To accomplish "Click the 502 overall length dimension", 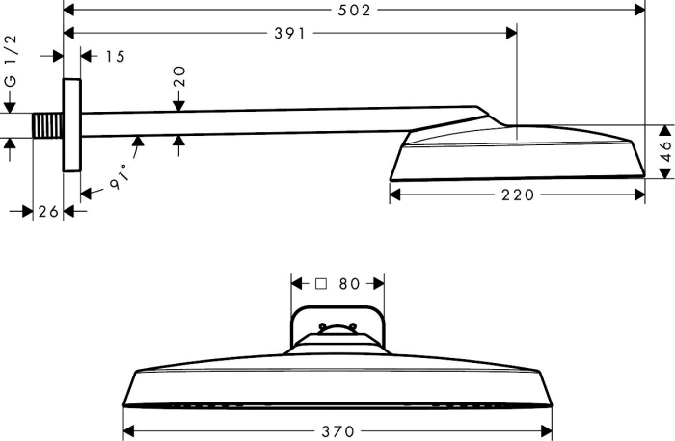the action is point(354,11).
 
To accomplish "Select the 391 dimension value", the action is point(289,33).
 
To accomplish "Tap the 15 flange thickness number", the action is point(116,56).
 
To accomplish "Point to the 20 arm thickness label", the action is point(179,76).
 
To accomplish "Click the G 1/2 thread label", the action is point(11,61).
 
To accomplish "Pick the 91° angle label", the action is point(120,176).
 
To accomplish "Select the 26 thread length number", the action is point(48,212).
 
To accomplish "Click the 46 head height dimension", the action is point(665,150).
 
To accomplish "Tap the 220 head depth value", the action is point(518,195).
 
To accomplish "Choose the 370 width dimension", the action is point(337,431).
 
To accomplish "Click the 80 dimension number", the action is point(349,284).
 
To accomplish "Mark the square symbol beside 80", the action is point(321,284).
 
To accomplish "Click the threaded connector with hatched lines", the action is point(48,125).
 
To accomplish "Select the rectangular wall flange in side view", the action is point(72,125).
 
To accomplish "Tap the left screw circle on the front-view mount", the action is point(322,326).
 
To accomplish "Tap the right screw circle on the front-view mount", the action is point(353,326).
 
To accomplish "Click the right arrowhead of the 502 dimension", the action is point(640,10).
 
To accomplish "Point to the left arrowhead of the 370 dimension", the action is point(128,430).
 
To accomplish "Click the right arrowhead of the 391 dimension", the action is point(511,33).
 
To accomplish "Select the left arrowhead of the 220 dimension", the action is point(394,195).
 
